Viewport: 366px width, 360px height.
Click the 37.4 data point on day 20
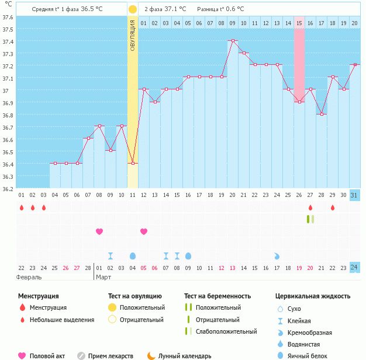(x=233, y=40)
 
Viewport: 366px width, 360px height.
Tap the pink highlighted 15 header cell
(x=299, y=23)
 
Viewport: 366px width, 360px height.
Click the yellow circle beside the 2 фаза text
(x=133, y=9)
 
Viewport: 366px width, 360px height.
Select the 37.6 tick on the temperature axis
(x=8, y=16)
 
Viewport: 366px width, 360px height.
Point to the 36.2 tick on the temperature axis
(x=8, y=189)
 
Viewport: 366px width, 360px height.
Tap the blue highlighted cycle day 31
(x=354, y=195)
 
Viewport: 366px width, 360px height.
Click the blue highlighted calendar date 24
(x=354, y=268)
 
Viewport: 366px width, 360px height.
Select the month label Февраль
(x=29, y=276)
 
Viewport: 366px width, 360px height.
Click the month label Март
(x=103, y=276)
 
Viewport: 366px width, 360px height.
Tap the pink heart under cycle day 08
(x=99, y=231)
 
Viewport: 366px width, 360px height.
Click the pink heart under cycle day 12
(x=144, y=231)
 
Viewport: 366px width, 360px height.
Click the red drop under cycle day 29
(x=332, y=207)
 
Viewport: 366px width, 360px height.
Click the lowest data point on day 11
(x=133, y=163)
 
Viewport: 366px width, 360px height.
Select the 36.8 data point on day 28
(x=321, y=114)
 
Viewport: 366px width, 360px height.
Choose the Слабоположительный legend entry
(x=226, y=331)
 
